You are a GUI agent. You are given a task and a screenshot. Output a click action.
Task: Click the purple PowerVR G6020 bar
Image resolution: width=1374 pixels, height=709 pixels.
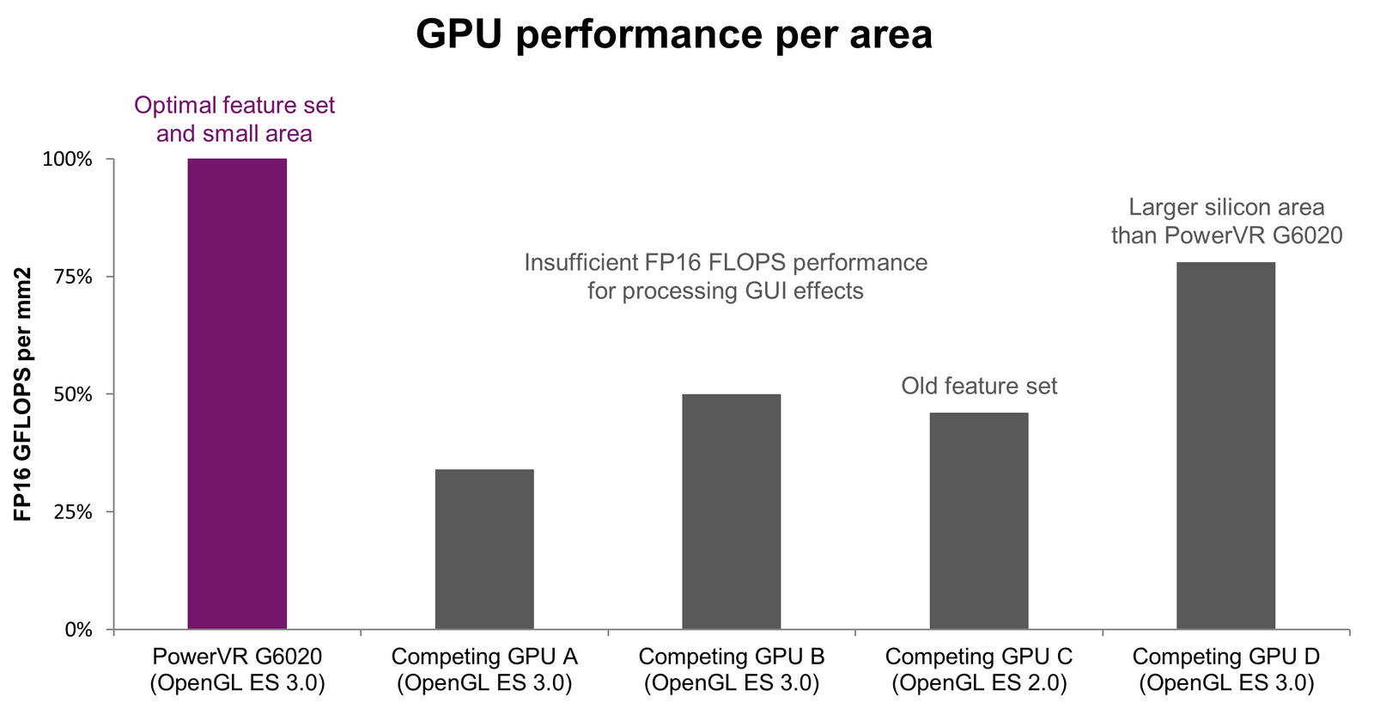(237, 394)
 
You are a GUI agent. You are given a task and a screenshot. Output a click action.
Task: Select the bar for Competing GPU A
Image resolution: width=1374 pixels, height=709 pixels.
(484, 549)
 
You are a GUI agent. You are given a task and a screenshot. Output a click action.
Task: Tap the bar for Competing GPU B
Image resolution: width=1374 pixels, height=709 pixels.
(732, 511)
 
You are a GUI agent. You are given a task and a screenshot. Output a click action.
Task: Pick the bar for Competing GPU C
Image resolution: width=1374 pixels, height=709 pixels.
(979, 521)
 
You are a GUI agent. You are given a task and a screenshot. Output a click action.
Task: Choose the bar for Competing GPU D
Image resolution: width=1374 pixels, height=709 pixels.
(1225, 445)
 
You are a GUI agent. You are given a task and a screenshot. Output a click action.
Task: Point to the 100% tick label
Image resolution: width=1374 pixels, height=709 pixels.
(67, 160)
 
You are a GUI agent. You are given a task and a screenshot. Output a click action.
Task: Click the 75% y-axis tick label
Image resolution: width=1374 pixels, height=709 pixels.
(72, 277)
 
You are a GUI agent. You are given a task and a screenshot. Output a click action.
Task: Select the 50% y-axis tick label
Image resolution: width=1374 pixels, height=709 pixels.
(72, 394)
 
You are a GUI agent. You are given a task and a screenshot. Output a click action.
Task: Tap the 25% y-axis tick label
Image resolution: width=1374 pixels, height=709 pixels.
(72, 512)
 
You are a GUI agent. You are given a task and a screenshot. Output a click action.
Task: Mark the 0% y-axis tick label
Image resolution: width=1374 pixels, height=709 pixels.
(77, 630)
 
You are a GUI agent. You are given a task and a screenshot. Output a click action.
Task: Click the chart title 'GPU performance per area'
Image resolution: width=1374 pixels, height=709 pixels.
(674, 34)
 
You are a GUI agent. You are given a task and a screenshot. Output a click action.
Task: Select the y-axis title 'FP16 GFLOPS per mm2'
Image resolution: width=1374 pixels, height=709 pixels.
(23, 394)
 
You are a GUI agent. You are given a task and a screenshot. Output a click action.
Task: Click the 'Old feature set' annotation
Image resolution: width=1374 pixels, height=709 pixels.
(979, 386)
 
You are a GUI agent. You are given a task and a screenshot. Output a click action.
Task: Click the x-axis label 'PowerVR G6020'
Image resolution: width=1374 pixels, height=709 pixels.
(237, 657)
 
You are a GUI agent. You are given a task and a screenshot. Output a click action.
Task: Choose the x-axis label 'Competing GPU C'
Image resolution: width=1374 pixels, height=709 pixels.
(979, 657)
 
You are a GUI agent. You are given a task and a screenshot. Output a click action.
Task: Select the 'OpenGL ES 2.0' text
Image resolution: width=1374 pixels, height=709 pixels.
(979, 684)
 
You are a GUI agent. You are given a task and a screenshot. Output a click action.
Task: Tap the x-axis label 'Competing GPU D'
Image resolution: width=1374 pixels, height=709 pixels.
(1226, 657)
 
